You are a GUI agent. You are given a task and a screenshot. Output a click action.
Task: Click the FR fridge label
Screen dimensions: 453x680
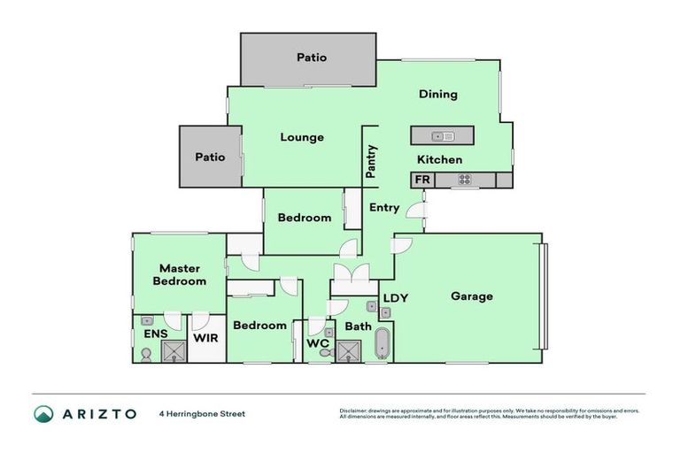(x=421, y=180)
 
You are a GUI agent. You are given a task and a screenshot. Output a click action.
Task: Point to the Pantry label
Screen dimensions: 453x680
(x=372, y=162)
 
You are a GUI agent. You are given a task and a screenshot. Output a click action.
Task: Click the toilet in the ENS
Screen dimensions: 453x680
(x=146, y=353)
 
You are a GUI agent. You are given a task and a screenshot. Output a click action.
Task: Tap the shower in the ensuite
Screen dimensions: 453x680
(x=175, y=351)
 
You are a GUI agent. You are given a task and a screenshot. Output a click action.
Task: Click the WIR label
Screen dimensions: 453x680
(x=206, y=338)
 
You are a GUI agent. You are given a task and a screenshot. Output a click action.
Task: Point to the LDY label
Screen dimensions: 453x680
(x=395, y=298)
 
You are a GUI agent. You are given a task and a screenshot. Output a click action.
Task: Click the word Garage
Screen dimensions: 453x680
(x=471, y=296)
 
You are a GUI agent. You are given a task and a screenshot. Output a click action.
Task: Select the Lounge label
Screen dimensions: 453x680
(x=302, y=137)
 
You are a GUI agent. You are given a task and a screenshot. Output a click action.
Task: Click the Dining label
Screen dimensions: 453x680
(x=437, y=95)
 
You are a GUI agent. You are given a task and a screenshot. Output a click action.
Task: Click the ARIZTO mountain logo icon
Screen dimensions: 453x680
(x=43, y=413)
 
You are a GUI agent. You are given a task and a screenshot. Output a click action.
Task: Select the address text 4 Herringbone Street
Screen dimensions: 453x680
(x=202, y=413)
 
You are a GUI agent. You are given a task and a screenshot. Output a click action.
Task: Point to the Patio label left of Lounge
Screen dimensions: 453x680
(x=210, y=157)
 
